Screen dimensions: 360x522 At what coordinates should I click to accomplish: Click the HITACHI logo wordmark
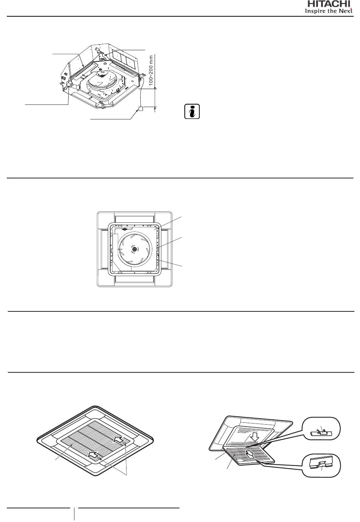[x=329, y=4]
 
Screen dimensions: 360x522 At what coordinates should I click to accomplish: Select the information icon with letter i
[x=192, y=111]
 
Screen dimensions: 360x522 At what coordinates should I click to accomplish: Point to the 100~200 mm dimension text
[x=151, y=70]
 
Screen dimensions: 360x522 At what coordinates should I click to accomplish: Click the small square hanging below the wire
[x=141, y=108]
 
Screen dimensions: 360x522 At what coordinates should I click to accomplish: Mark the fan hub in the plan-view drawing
[x=134, y=249]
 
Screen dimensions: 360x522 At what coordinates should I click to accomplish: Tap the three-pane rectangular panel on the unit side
[x=122, y=57]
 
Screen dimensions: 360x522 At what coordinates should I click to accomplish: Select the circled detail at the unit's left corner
[x=70, y=83]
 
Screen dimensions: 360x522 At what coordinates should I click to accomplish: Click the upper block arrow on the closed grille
[x=119, y=439]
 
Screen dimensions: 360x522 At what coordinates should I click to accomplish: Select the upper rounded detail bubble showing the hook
[x=321, y=428]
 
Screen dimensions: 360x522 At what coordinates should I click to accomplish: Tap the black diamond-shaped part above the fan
[x=124, y=229]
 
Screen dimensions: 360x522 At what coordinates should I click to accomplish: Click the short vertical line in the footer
[x=74, y=514]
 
